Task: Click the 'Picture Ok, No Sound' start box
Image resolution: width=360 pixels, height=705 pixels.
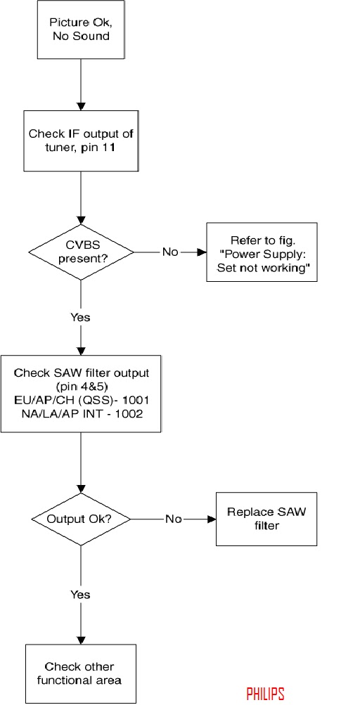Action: tap(81, 30)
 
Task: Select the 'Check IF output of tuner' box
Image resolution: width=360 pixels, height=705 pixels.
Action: tap(81, 141)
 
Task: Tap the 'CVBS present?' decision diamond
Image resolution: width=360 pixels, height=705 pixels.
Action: tap(81, 252)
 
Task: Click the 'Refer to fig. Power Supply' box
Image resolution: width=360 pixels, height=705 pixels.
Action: tap(262, 252)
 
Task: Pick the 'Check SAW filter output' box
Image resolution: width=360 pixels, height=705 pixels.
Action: tap(81, 394)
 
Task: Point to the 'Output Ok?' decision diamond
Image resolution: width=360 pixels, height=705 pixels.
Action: tap(81, 519)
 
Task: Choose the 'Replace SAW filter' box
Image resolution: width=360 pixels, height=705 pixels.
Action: tap(266, 519)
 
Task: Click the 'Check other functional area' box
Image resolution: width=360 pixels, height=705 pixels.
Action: tap(81, 673)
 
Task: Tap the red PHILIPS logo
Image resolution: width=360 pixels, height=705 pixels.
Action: tap(266, 693)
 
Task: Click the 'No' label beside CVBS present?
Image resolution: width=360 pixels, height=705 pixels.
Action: tap(170, 252)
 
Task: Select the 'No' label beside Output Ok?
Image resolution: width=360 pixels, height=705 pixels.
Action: tap(173, 519)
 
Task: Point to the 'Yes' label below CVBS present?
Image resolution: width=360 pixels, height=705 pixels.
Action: tap(81, 318)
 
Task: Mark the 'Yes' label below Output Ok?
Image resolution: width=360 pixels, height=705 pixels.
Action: tap(81, 595)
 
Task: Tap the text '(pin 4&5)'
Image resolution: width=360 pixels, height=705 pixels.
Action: tap(81, 387)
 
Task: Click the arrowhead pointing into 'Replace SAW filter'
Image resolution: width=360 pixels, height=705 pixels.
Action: tap(211, 519)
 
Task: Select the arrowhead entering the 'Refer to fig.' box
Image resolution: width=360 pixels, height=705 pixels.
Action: tap(202, 252)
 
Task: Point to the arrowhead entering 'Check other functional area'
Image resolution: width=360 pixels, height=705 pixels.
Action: tap(81, 640)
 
